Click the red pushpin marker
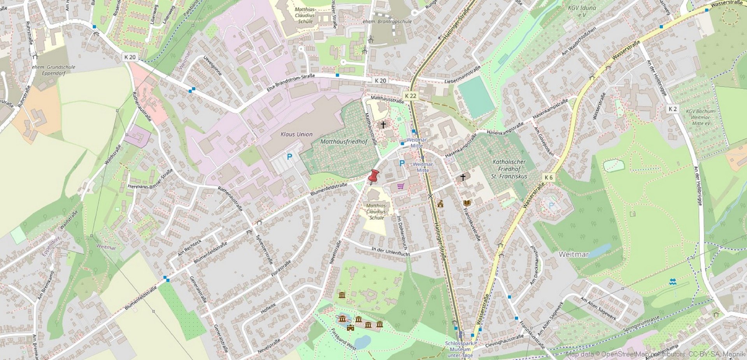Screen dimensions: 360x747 pyautogui.click(x=373, y=176)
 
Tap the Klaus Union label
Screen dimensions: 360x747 pyautogui.click(x=296, y=134)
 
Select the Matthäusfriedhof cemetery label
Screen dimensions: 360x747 pyautogui.click(x=343, y=142)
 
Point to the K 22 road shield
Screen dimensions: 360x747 pyautogui.click(x=410, y=96)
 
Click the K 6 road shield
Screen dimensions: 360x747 pyautogui.click(x=548, y=177)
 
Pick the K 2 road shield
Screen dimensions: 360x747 pyautogui.click(x=673, y=109)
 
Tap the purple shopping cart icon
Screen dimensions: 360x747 pyautogui.click(x=401, y=186)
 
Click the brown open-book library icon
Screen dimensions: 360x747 pyautogui.click(x=467, y=203)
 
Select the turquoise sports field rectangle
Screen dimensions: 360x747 pyautogui.click(x=476, y=97)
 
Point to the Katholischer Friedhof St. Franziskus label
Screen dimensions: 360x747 pyautogui.click(x=509, y=169)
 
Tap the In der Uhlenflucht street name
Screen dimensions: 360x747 pyautogui.click(x=390, y=251)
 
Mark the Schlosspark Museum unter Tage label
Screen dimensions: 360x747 pyautogui.click(x=460, y=349)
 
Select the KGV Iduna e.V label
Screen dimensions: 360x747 pyautogui.click(x=582, y=11)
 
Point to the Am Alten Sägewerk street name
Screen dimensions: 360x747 pyautogui.click(x=598, y=309)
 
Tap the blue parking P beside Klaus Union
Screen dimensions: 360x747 pyautogui.click(x=289, y=157)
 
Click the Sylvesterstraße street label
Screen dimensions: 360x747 pyautogui.click(x=264, y=249)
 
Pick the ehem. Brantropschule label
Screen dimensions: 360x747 pyautogui.click(x=387, y=22)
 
